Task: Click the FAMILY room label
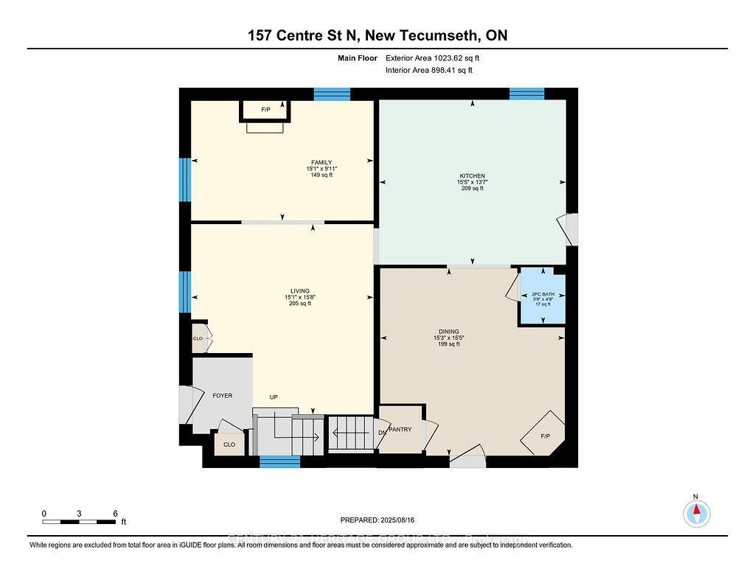point(321,162)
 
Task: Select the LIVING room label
point(299,290)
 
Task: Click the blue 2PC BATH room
point(543,299)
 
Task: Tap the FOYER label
point(222,396)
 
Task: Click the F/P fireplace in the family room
point(265,110)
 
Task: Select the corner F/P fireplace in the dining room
point(545,436)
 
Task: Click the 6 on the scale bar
point(116,513)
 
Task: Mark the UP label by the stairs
point(274,397)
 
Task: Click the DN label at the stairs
point(382,433)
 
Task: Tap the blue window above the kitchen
point(526,94)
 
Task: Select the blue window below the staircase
point(280,462)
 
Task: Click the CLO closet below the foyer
point(229,444)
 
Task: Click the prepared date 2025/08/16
point(399,520)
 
